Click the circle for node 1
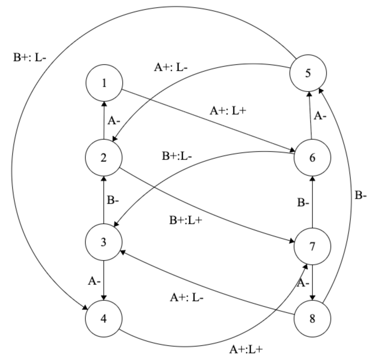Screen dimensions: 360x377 click(104, 83)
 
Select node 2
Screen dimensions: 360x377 click(104, 158)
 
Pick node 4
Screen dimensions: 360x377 click(104, 319)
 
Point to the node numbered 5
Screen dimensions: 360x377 click(308, 73)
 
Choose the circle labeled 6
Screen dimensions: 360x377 click(312, 158)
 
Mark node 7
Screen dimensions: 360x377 click(312, 246)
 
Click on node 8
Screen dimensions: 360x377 click(312, 319)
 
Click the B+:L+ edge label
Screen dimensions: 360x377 click(186, 220)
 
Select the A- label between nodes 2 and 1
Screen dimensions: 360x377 click(114, 121)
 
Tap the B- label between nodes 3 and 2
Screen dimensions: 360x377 click(113, 201)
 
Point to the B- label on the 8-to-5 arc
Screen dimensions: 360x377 click(360, 195)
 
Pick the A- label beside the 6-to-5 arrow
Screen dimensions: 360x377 click(320, 116)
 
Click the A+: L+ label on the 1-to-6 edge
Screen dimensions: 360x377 click(228, 111)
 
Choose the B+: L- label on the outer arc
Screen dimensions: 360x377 click(29, 58)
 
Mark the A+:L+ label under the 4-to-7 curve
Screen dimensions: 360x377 click(246, 349)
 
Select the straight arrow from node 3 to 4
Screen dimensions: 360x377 click(104, 280)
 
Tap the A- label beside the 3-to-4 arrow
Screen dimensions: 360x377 click(94, 281)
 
